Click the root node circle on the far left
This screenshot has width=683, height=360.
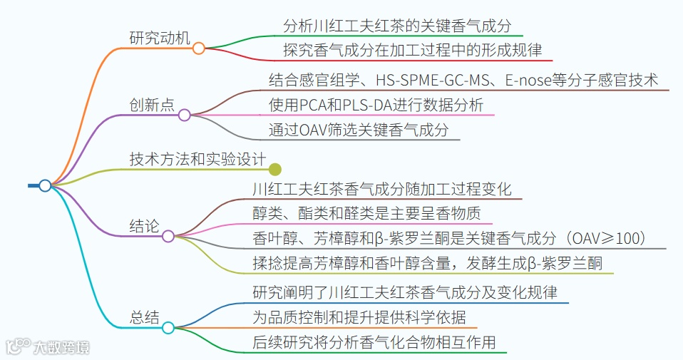point(45,185)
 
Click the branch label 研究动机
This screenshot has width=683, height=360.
point(160,38)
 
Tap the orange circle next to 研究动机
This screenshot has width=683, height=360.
point(199,48)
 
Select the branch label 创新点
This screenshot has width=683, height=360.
point(151,105)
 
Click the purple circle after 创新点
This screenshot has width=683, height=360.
point(184,115)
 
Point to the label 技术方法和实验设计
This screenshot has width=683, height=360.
point(197,159)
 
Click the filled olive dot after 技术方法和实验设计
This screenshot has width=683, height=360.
point(275,169)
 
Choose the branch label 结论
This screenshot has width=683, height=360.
point(144,227)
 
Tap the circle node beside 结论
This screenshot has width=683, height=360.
point(168,236)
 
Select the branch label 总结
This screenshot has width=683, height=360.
point(145,318)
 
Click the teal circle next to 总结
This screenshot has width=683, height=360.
point(168,328)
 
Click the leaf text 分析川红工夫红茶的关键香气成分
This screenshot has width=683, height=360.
point(397,26)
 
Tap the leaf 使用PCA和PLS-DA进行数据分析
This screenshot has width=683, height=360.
point(376,106)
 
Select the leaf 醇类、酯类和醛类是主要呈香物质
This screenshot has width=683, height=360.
point(372,213)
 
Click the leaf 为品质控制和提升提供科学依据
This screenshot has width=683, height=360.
point(359,317)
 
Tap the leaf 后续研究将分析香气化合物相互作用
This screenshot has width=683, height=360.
point(374,342)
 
